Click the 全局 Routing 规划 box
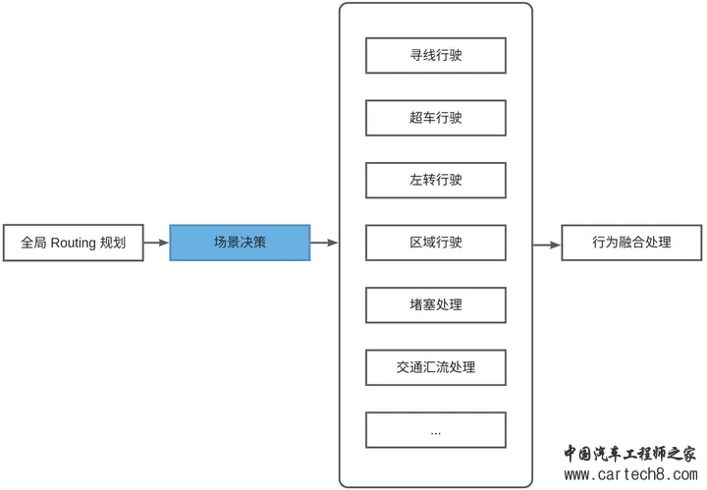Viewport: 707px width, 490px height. click(x=73, y=243)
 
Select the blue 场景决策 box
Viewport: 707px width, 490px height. click(x=240, y=243)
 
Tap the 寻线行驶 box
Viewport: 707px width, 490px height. click(x=436, y=56)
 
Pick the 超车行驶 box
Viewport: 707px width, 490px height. click(x=436, y=118)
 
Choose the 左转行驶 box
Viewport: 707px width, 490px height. click(x=436, y=181)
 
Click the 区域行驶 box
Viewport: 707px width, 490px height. click(x=436, y=243)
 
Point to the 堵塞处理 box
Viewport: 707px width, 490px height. click(x=436, y=305)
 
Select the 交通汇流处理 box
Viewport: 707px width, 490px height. click(x=436, y=367)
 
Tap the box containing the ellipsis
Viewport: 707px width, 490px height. click(x=436, y=430)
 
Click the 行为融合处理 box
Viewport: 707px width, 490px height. click(x=631, y=243)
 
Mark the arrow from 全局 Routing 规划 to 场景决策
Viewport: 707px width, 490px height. click(x=156, y=243)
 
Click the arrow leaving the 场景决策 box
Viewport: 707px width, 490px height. click(x=324, y=243)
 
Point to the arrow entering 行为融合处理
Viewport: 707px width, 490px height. click(x=547, y=243)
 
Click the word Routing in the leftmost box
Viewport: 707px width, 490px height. click(x=73, y=243)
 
